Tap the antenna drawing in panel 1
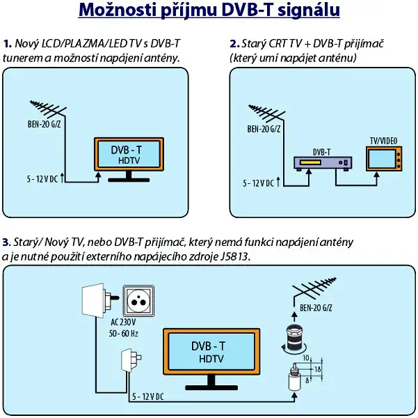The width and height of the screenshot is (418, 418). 49,109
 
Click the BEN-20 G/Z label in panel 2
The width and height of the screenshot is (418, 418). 266,129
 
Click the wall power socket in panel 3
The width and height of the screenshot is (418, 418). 141,301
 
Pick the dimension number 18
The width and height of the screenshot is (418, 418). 317,369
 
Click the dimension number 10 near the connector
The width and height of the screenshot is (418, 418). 306,359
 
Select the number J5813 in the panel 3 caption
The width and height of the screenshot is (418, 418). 234,256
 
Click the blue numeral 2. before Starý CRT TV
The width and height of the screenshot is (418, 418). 234,44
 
